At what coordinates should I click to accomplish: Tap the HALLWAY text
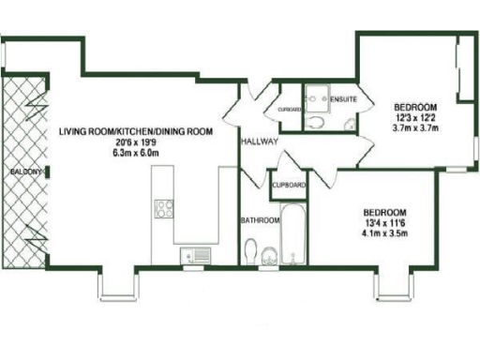click(x=257, y=142)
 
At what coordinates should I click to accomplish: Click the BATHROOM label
click(x=260, y=221)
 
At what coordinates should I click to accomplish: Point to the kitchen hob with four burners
click(x=162, y=209)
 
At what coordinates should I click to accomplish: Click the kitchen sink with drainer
click(x=196, y=253)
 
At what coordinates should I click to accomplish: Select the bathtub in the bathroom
click(x=294, y=233)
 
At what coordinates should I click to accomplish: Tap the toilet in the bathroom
click(x=250, y=251)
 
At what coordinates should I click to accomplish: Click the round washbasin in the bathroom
click(x=271, y=253)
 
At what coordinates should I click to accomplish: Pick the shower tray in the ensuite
click(x=316, y=97)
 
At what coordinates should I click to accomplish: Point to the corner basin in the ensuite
click(x=348, y=126)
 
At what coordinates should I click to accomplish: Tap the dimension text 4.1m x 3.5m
click(x=384, y=234)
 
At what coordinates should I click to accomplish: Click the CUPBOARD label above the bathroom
click(x=290, y=185)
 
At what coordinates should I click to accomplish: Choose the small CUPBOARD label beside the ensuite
click(x=290, y=110)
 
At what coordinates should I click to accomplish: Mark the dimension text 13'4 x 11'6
click(x=384, y=223)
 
